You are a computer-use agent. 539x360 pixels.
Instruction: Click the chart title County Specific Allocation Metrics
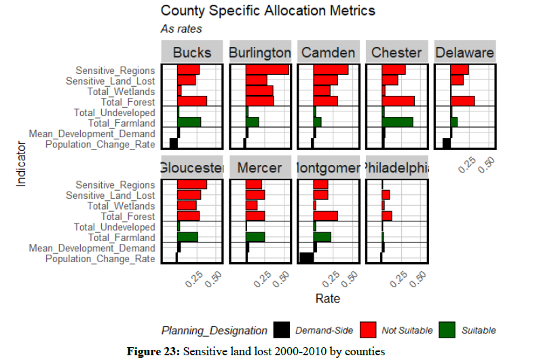tap(267, 12)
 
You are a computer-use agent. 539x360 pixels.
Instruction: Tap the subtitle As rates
tap(181, 29)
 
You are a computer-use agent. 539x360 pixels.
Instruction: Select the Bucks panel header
tap(192, 52)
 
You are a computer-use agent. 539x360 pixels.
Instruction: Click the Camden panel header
tap(329, 52)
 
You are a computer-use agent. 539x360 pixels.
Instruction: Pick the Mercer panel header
tap(260, 168)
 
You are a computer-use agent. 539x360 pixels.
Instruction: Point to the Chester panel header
tap(397, 52)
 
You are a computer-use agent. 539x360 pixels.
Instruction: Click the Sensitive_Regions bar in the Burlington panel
tap(267, 70)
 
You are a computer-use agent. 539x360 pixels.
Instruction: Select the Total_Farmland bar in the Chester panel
tap(398, 122)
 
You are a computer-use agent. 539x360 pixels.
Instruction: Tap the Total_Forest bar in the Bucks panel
tap(192, 101)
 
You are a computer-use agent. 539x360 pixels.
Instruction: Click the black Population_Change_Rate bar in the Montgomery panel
tap(306, 258)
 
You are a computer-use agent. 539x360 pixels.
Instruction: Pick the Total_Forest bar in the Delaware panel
tap(462, 101)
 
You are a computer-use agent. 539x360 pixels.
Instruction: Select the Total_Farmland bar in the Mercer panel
tap(255, 237)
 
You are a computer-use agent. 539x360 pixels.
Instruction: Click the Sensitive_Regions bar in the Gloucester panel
tap(192, 185)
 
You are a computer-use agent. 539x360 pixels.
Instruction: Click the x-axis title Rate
tap(328, 298)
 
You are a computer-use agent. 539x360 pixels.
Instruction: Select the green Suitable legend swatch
tap(445, 330)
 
